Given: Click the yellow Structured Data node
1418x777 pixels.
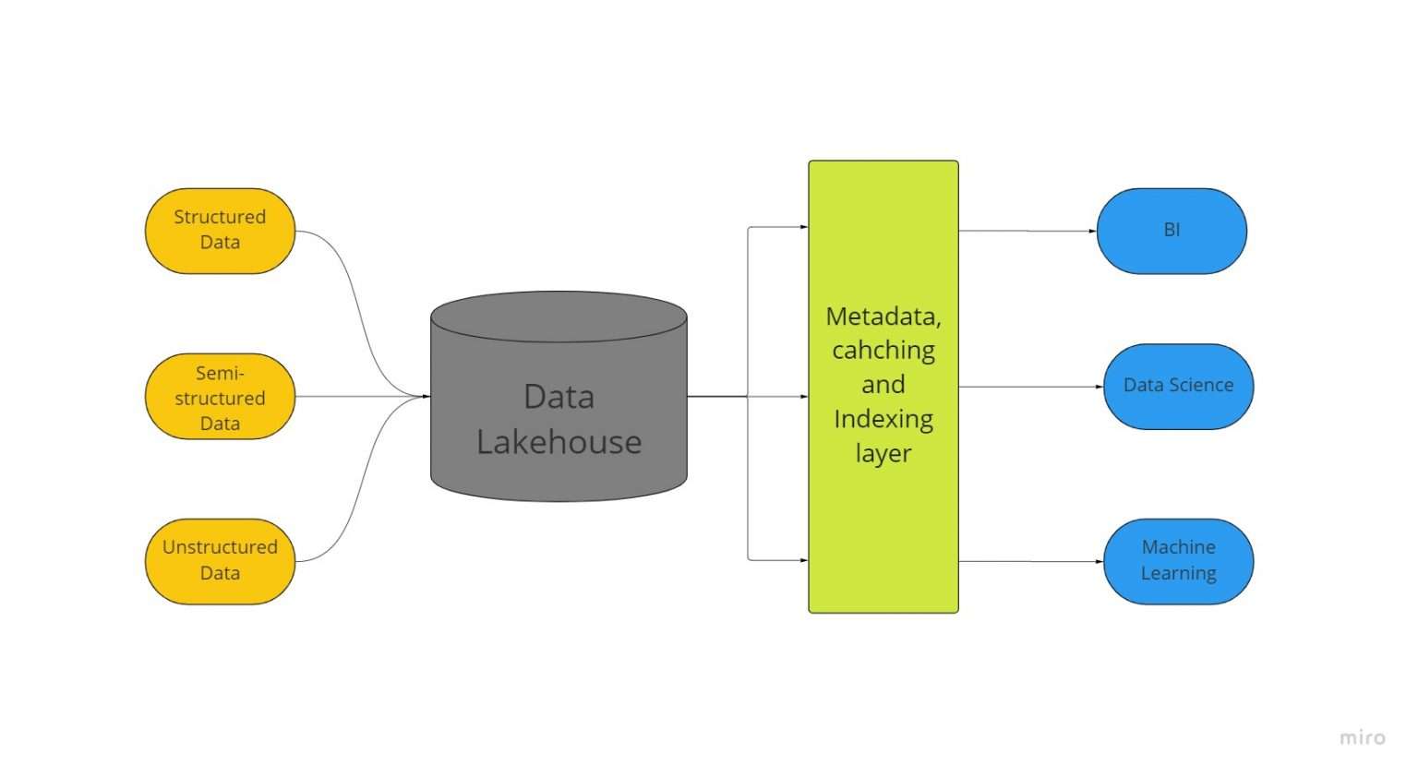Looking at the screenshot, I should (220, 231).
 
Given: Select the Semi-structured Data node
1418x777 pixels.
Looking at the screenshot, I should (220, 397).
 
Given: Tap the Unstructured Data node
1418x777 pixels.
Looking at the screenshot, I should (220, 561).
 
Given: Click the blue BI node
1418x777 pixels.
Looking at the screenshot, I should (1172, 231).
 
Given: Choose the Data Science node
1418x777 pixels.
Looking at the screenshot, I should (1178, 386).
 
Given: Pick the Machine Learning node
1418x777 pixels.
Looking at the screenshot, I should (1178, 561).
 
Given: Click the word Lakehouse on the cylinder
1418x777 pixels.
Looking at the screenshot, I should (559, 442).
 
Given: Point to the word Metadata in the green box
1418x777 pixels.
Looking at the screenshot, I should (883, 317).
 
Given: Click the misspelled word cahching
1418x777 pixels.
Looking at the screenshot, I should (883, 351).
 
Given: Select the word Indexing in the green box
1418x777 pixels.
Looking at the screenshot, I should (883, 420).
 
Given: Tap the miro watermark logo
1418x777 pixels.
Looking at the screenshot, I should (1362, 737).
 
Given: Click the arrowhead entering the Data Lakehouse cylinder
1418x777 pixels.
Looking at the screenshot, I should (425, 397).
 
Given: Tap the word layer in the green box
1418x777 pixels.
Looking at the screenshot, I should (883, 454).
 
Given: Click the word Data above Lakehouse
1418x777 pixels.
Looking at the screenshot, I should (559, 397).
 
